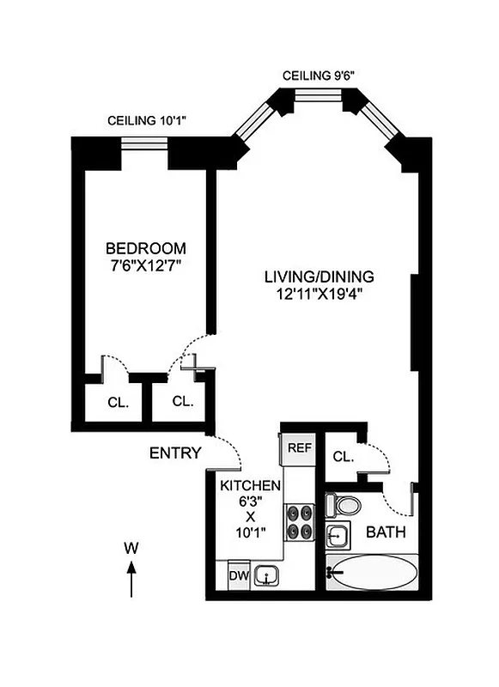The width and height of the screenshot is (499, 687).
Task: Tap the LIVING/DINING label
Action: [x=319, y=277]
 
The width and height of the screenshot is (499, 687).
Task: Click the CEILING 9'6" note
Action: [x=319, y=76]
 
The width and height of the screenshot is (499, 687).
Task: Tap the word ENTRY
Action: [x=175, y=453]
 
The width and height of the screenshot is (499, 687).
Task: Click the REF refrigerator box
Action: [x=299, y=447]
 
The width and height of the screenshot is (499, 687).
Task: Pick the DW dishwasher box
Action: [x=237, y=575]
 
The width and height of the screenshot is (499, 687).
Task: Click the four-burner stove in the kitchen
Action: [x=299, y=522]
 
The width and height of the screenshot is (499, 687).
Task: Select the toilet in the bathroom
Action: [x=345, y=506]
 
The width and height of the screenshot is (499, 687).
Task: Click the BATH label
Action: [x=386, y=532]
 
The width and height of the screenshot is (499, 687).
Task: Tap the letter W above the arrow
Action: [x=130, y=546]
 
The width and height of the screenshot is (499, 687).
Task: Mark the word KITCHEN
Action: [x=250, y=485]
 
